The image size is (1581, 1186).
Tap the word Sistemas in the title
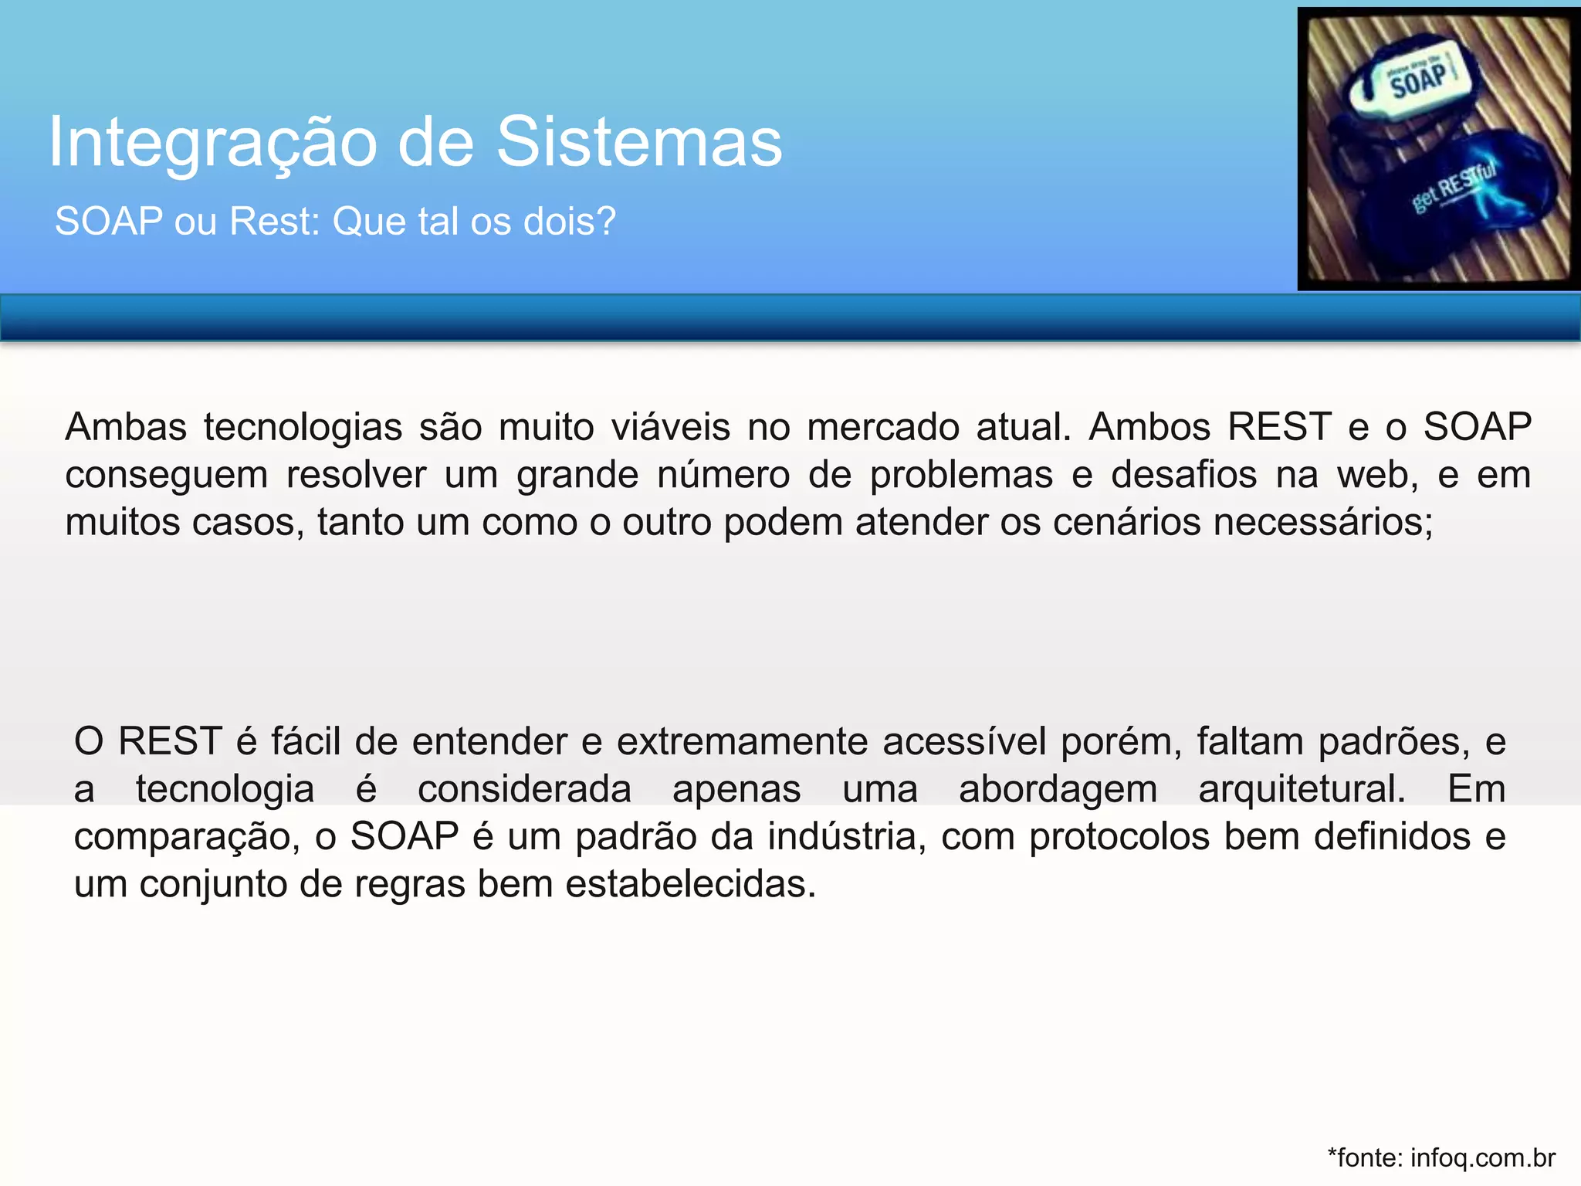639,142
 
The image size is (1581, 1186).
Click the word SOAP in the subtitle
109,222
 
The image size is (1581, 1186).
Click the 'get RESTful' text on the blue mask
1454,186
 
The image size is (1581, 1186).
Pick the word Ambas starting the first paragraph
126,427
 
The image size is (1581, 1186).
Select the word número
723,475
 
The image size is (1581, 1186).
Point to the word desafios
1183,475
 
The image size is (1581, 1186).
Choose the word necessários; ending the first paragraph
1323,523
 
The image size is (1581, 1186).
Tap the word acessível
964,742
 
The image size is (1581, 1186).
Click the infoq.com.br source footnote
1441,1158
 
